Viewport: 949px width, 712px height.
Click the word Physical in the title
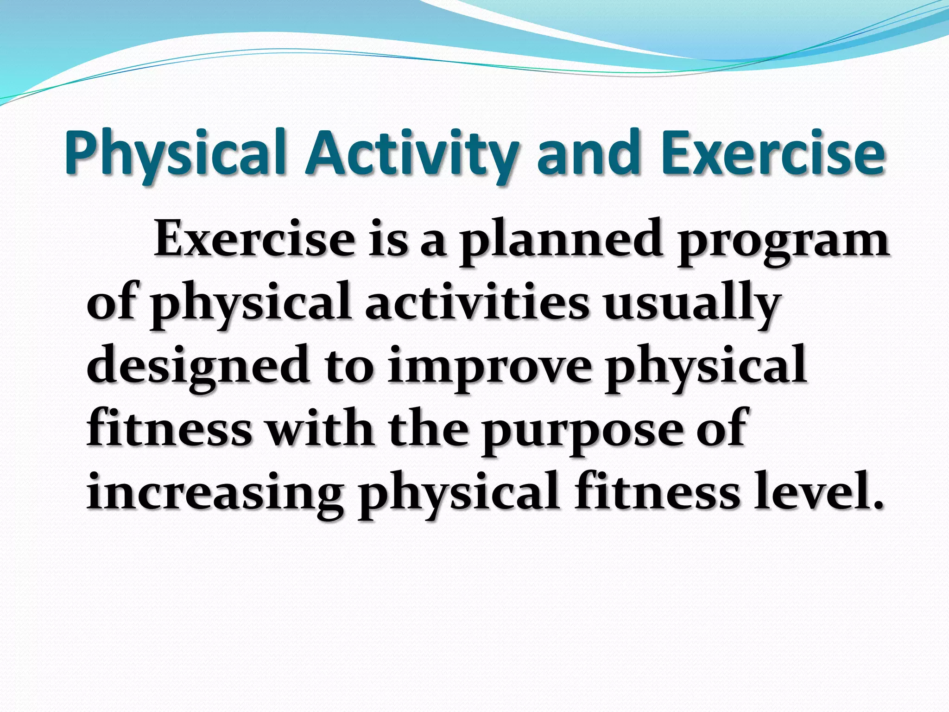pos(175,153)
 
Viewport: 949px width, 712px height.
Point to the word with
pos(320,429)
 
